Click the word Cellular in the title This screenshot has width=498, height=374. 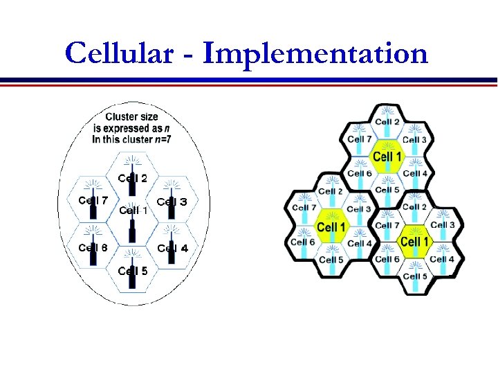[118, 53]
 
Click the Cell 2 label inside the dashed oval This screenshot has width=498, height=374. [132, 177]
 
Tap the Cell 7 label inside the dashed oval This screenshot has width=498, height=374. [93, 201]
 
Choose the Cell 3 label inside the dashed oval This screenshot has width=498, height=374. [172, 202]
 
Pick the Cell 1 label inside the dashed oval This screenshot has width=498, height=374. [133, 210]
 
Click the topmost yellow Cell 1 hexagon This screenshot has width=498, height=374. [387, 156]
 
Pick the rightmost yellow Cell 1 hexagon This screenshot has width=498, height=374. [415, 241]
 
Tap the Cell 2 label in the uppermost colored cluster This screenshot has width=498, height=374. [387, 123]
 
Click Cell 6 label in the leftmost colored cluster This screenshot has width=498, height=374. [303, 242]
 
